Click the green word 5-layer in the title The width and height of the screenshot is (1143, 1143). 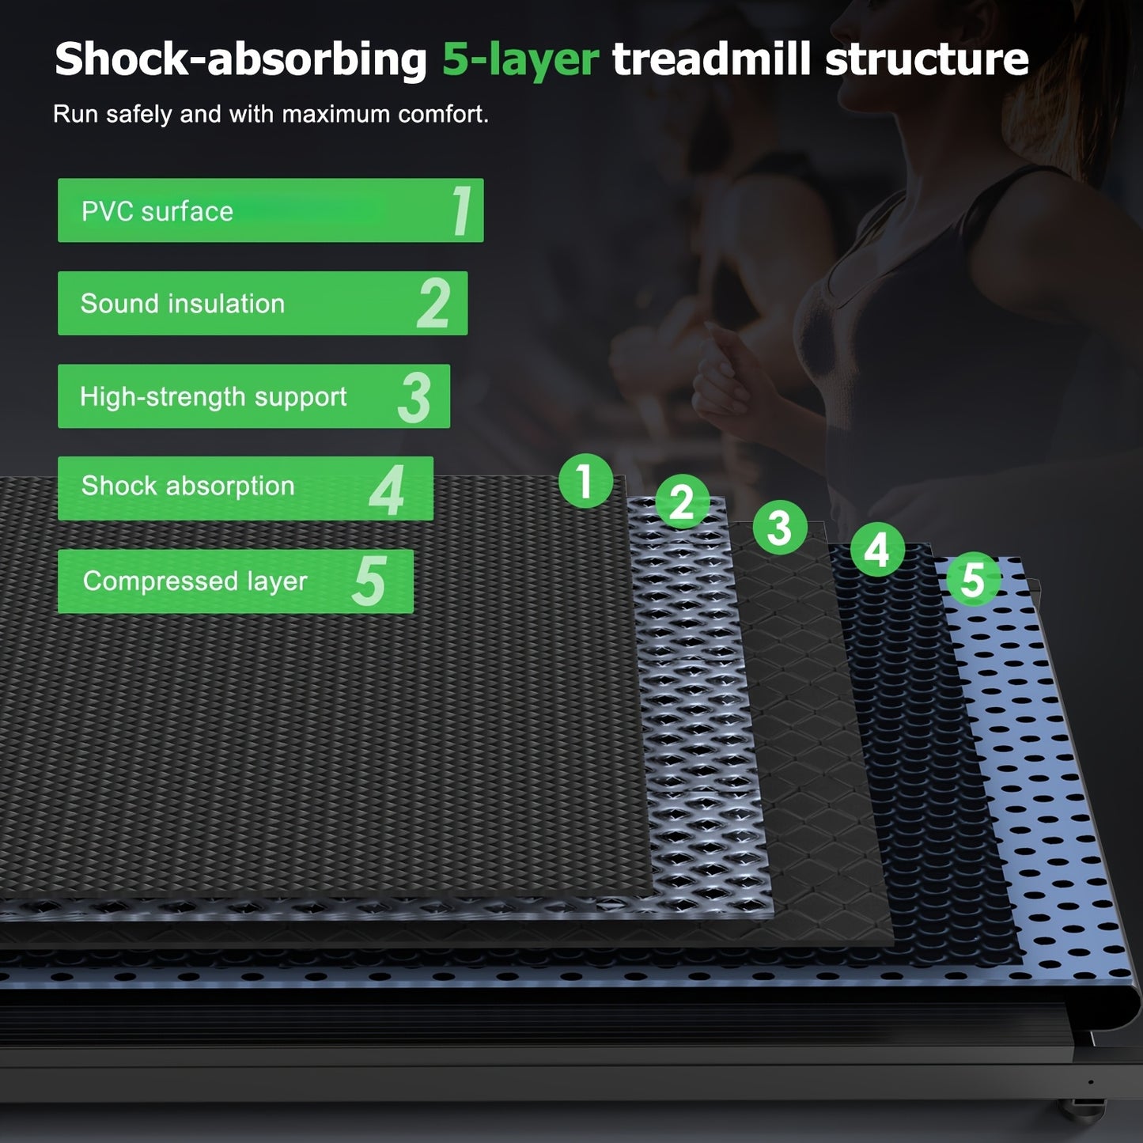[x=520, y=60]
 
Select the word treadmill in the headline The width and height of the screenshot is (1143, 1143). [x=712, y=59]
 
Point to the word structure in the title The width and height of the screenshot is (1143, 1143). [x=926, y=59]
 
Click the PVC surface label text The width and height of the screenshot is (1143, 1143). [x=157, y=212]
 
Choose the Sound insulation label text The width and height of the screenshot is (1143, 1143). [x=183, y=304]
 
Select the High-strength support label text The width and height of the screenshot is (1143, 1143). [x=213, y=397]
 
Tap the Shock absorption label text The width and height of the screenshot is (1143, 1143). [x=188, y=486]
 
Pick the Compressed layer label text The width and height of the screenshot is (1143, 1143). [x=195, y=581]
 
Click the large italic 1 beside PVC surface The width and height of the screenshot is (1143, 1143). [x=461, y=210]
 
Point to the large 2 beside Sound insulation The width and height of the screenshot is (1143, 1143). [x=433, y=303]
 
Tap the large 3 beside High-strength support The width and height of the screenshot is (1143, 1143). [x=414, y=397]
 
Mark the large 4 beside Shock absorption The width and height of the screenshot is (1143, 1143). [x=387, y=490]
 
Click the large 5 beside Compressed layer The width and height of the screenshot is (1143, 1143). [x=369, y=581]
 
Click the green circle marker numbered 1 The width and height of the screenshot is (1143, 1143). [x=585, y=481]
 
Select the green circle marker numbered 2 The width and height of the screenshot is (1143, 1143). [x=682, y=501]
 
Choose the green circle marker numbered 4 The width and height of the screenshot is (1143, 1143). [x=877, y=549]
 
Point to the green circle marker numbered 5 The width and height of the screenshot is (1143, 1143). [x=974, y=579]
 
